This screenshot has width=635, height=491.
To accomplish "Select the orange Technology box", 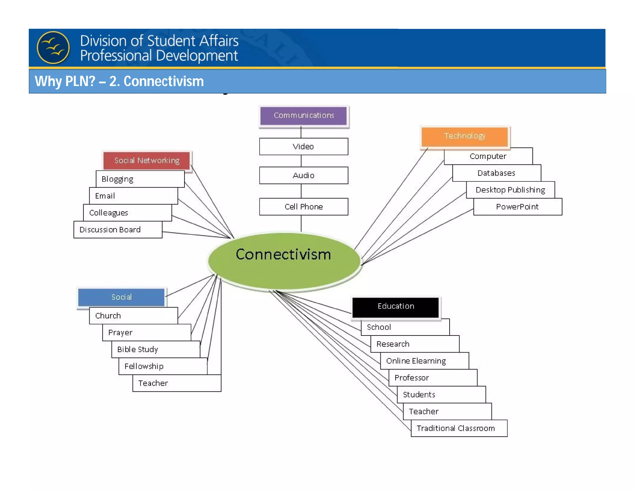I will pos(464,136).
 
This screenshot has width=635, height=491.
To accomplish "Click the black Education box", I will pos(396,306).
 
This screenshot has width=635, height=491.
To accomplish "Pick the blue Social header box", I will pos(121,297).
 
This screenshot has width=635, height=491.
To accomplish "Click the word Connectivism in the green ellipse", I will pos(283,255).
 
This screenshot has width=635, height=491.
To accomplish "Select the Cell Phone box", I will pos(303,207).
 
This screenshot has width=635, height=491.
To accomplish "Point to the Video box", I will pos(303,146).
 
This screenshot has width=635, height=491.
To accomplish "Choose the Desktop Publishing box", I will pos(510,190).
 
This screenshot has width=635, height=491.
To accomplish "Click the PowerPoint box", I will pos(517,207).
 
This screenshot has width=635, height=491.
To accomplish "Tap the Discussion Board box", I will pos(118,230).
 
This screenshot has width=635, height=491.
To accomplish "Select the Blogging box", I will pos(140,179).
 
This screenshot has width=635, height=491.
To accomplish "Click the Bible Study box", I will pos(155,349).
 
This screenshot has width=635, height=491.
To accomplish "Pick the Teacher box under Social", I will pos(176,383).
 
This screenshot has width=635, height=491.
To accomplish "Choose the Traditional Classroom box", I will pos(459,428).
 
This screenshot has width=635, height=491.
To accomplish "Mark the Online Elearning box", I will pos(424,361).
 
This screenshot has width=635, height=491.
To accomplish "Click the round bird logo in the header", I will pos(53,47).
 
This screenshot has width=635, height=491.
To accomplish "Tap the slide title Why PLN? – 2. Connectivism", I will pos(119,81).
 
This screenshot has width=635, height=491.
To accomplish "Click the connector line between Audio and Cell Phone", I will pos(301,191).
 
